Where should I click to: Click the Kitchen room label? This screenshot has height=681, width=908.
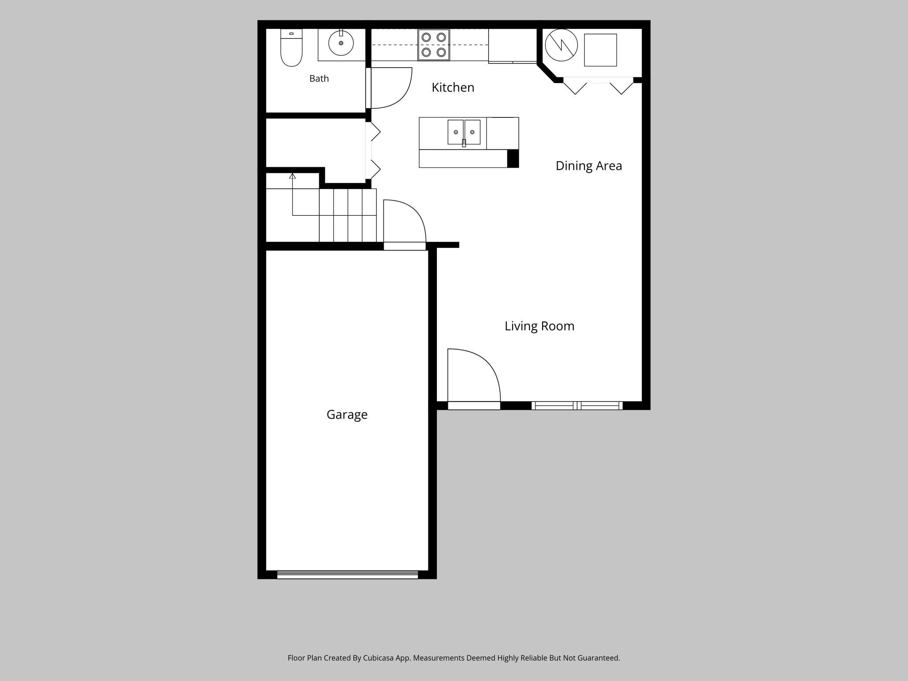pyautogui.click(x=453, y=87)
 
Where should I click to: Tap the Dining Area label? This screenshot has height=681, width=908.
pyautogui.click(x=588, y=166)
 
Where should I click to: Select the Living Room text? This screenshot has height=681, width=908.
pyautogui.click(x=539, y=326)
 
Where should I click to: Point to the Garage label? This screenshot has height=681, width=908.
pyautogui.click(x=347, y=415)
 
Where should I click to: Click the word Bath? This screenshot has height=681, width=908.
pyautogui.click(x=319, y=79)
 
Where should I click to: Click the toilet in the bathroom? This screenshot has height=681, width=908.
pyautogui.click(x=291, y=48)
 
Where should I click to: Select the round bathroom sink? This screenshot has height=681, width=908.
pyautogui.click(x=341, y=43)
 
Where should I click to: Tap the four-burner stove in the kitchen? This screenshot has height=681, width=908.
pyautogui.click(x=433, y=45)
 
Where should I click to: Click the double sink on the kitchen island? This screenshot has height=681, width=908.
pyautogui.click(x=464, y=132)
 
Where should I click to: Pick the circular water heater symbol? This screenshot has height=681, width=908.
pyautogui.click(x=561, y=45)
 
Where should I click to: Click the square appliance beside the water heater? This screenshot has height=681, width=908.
pyautogui.click(x=600, y=50)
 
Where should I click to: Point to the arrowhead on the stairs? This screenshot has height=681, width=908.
pyautogui.click(x=292, y=176)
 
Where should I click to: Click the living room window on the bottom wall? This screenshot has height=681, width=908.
pyautogui.click(x=577, y=406)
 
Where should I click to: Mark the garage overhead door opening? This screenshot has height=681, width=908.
pyautogui.click(x=347, y=574)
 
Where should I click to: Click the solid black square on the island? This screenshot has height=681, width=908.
pyautogui.click(x=513, y=158)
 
